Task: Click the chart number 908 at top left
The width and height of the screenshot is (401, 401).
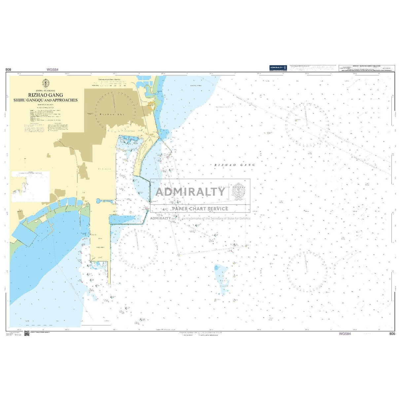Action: click(8, 70)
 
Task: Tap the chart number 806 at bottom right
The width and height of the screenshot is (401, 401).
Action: click(392, 334)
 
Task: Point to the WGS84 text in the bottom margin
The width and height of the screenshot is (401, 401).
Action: click(345, 334)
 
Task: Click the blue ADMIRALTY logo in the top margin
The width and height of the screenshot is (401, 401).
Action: click(278, 68)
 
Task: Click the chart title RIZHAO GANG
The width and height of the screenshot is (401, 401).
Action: click(46, 95)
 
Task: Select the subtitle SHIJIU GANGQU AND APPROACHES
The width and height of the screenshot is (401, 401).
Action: click(46, 100)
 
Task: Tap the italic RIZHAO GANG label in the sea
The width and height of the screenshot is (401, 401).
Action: click(235, 165)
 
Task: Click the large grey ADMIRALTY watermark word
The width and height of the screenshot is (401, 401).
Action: click(190, 192)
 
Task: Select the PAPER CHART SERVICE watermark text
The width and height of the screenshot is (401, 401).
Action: click(200, 209)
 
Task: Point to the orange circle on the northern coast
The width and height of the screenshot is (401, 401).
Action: click(151, 106)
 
